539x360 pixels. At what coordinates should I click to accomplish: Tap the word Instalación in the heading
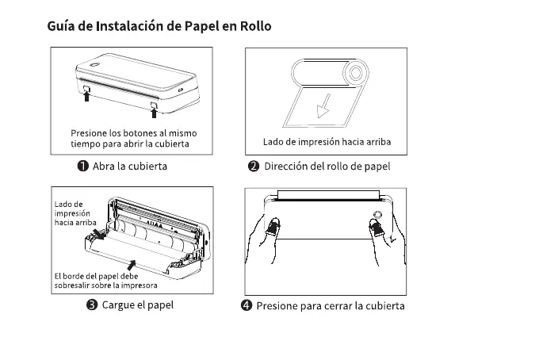coord(129,26)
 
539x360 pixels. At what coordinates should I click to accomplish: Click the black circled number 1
coord(82,167)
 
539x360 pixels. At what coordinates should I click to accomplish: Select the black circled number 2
coord(254,167)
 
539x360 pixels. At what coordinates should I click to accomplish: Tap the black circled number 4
coord(246,306)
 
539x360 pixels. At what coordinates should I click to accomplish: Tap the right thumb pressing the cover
coord(374,229)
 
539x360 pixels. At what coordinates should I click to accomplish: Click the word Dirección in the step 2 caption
coord(287,167)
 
